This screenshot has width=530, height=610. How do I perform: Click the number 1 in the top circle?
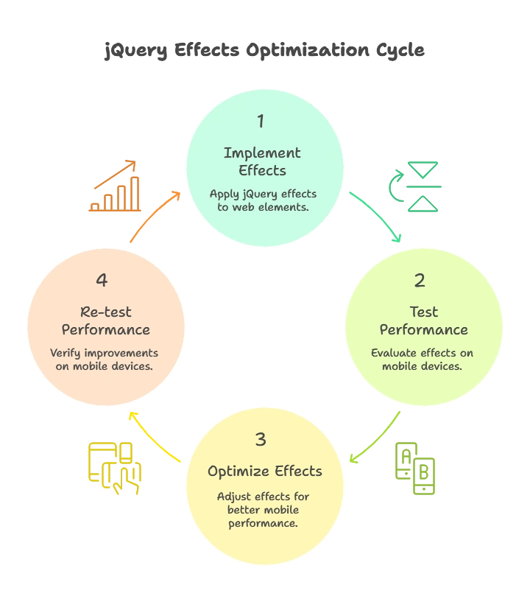261,121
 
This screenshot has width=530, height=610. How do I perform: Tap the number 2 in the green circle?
420,281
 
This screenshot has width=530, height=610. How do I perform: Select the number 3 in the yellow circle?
261,440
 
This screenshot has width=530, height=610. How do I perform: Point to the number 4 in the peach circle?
102,281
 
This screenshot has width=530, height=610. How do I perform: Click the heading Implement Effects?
262,161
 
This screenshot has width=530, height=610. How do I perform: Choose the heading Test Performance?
423,320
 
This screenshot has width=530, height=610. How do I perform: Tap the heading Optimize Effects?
264,471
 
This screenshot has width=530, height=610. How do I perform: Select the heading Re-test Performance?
106,320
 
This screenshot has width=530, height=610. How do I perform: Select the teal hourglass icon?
414,187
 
